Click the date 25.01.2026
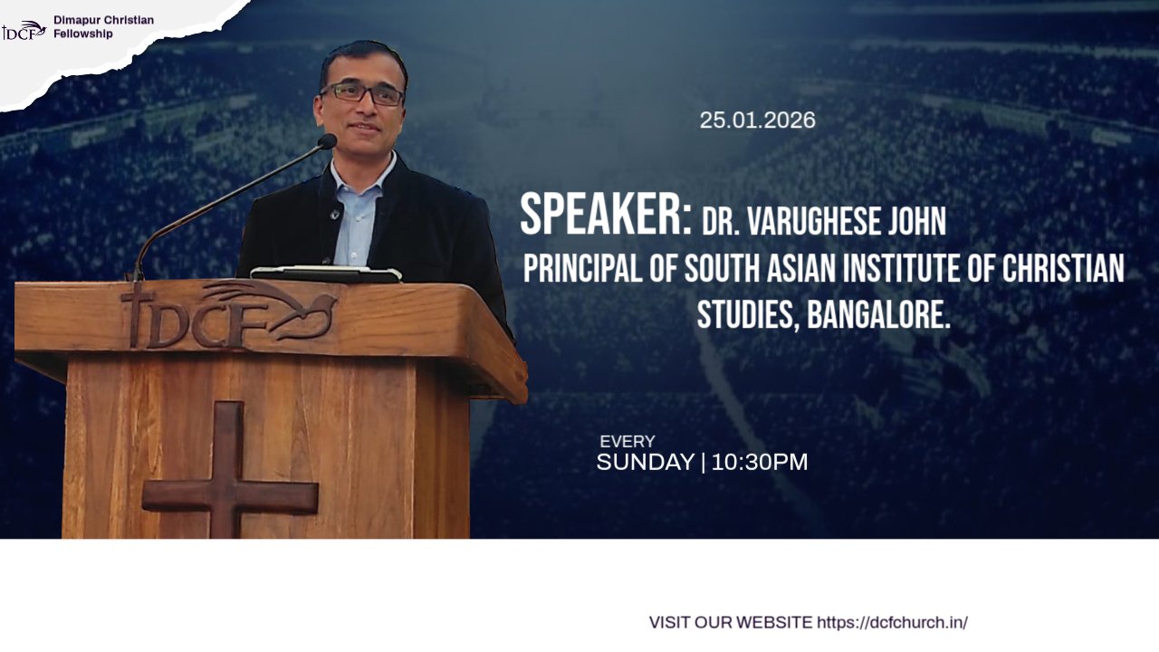pyautogui.click(x=758, y=120)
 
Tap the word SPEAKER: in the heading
pyautogui.click(x=606, y=215)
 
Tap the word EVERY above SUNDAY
pyautogui.click(x=627, y=441)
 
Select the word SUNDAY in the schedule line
pyautogui.click(x=646, y=462)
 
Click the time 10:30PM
pyautogui.click(x=760, y=462)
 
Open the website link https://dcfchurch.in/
pyautogui.click(x=892, y=622)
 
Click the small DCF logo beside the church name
pyautogui.click(x=24, y=31)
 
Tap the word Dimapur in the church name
pyautogui.click(x=77, y=20)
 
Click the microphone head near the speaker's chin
pyautogui.click(x=327, y=141)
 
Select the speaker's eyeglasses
pyautogui.click(x=362, y=93)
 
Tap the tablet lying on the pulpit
pyautogui.click(x=326, y=273)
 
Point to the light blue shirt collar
pyautogui.click(x=362, y=172)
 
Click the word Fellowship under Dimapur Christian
pyautogui.click(x=82, y=34)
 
